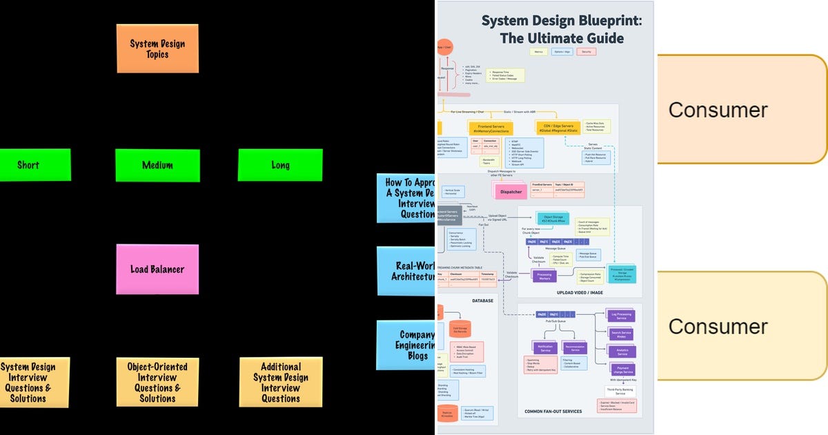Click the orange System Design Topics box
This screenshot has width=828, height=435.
pos(157,48)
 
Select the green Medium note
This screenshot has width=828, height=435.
pos(157,165)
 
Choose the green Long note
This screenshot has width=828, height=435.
pos(279,165)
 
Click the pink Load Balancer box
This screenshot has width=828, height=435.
pos(157,269)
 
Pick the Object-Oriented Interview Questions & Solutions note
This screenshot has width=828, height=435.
pos(157,382)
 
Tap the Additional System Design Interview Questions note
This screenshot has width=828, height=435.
pos(280,382)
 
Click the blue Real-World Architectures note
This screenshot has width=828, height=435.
pos(407,271)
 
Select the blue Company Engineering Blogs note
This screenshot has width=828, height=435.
pos(407,345)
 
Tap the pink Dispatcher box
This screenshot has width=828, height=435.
pos(511,191)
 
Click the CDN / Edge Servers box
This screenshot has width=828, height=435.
pos(556,128)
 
